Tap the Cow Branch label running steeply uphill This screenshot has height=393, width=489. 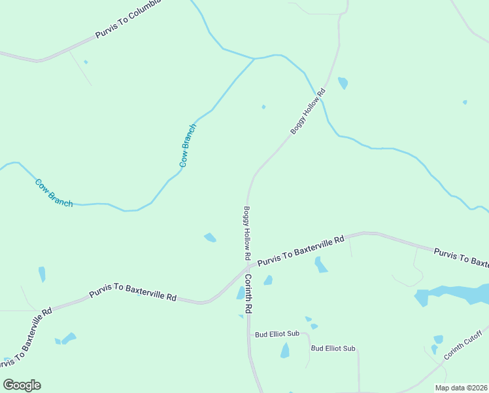click(188, 145)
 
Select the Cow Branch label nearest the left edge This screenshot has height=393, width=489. click(54, 193)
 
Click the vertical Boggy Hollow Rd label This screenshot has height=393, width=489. click(247, 232)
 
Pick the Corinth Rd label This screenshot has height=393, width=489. click(248, 292)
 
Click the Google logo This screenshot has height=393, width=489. click(22, 385)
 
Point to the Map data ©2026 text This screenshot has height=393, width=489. click(461, 388)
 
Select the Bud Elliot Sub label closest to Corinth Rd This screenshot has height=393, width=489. click(277, 334)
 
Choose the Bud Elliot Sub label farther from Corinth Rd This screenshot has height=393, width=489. click(333, 348)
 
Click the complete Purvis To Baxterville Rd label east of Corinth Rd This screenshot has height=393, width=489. click(301, 252)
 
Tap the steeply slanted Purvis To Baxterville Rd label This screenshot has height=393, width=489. click(27, 336)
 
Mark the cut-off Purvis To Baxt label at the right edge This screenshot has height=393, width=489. click(462, 257)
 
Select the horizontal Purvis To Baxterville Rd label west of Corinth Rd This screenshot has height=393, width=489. click(133, 292)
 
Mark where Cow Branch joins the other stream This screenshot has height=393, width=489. click(254, 59)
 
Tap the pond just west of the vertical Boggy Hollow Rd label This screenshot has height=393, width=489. click(210, 237)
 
